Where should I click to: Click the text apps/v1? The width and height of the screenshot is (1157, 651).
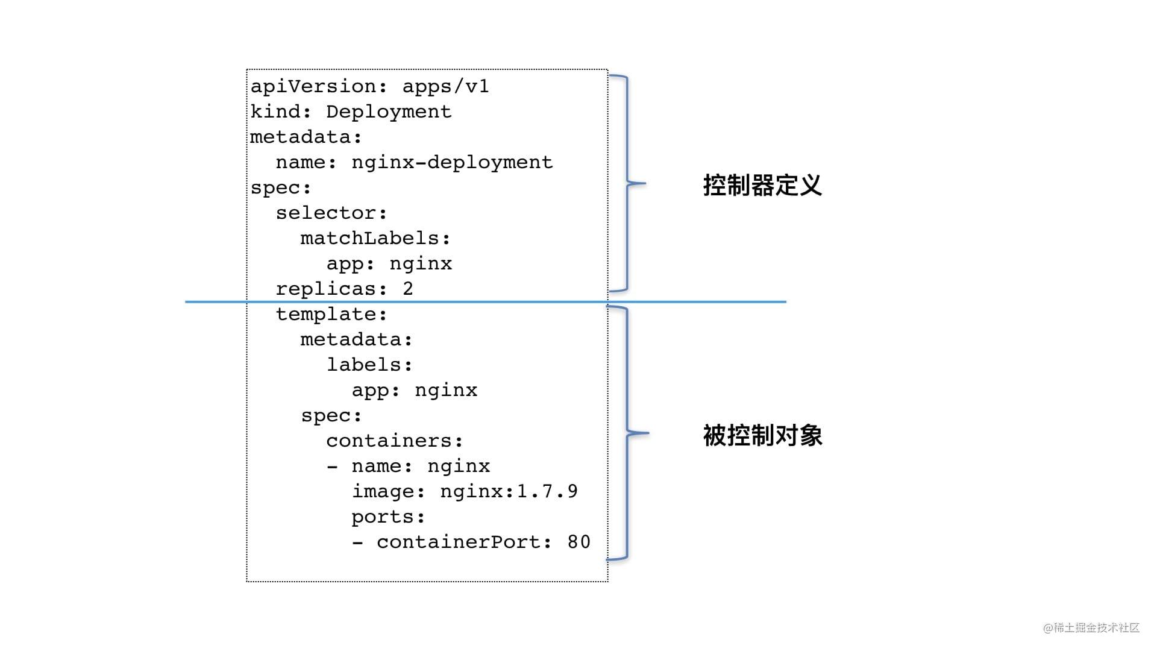(445, 87)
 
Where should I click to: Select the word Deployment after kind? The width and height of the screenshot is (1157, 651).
(389, 112)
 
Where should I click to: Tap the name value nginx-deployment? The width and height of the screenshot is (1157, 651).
(452, 163)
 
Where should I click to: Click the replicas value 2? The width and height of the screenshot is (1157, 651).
(408, 289)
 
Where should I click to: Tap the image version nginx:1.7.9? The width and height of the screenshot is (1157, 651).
(509, 491)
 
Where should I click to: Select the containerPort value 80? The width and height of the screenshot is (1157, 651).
(578, 542)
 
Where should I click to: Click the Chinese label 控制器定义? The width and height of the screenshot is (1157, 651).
(762, 185)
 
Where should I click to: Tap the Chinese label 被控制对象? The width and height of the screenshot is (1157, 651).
(762, 435)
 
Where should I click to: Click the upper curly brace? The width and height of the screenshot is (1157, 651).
(627, 183)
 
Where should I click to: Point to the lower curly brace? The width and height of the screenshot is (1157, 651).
(627, 433)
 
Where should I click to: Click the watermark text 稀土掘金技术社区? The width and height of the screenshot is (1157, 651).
(1096, 627)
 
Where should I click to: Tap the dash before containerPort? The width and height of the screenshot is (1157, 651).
(357, 542)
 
